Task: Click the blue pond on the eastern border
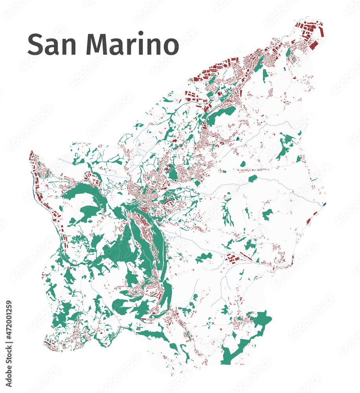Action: (324, 204)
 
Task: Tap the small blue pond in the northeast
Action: (284, 69)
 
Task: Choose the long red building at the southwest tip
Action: (48, 343)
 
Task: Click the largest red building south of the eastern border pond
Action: (309, 221)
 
